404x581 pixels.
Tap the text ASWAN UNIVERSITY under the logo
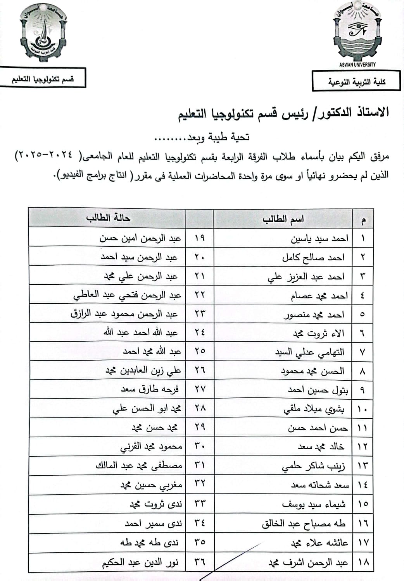(x=357, y=65)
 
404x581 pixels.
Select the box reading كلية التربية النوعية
(x=356, y=82)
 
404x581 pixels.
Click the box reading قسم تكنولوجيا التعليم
(x=43, y=79)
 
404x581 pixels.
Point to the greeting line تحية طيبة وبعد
(x=202, y=137)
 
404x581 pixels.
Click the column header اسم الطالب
(x=283, y=220)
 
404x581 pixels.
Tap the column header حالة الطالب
(x=108, y=218)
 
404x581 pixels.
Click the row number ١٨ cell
(x=363, y=562)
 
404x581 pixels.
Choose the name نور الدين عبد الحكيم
(x=140, y=562)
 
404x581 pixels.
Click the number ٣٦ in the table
(x=200, y=561)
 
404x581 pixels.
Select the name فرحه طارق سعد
(x=150, y=389)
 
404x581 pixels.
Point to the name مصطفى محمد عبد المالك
(x=139, y=465)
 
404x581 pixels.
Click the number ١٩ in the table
(x=200, y=238)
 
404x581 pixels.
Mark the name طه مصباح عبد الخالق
(x=304, y=524)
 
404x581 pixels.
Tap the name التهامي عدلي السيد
(x=309, y=352)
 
